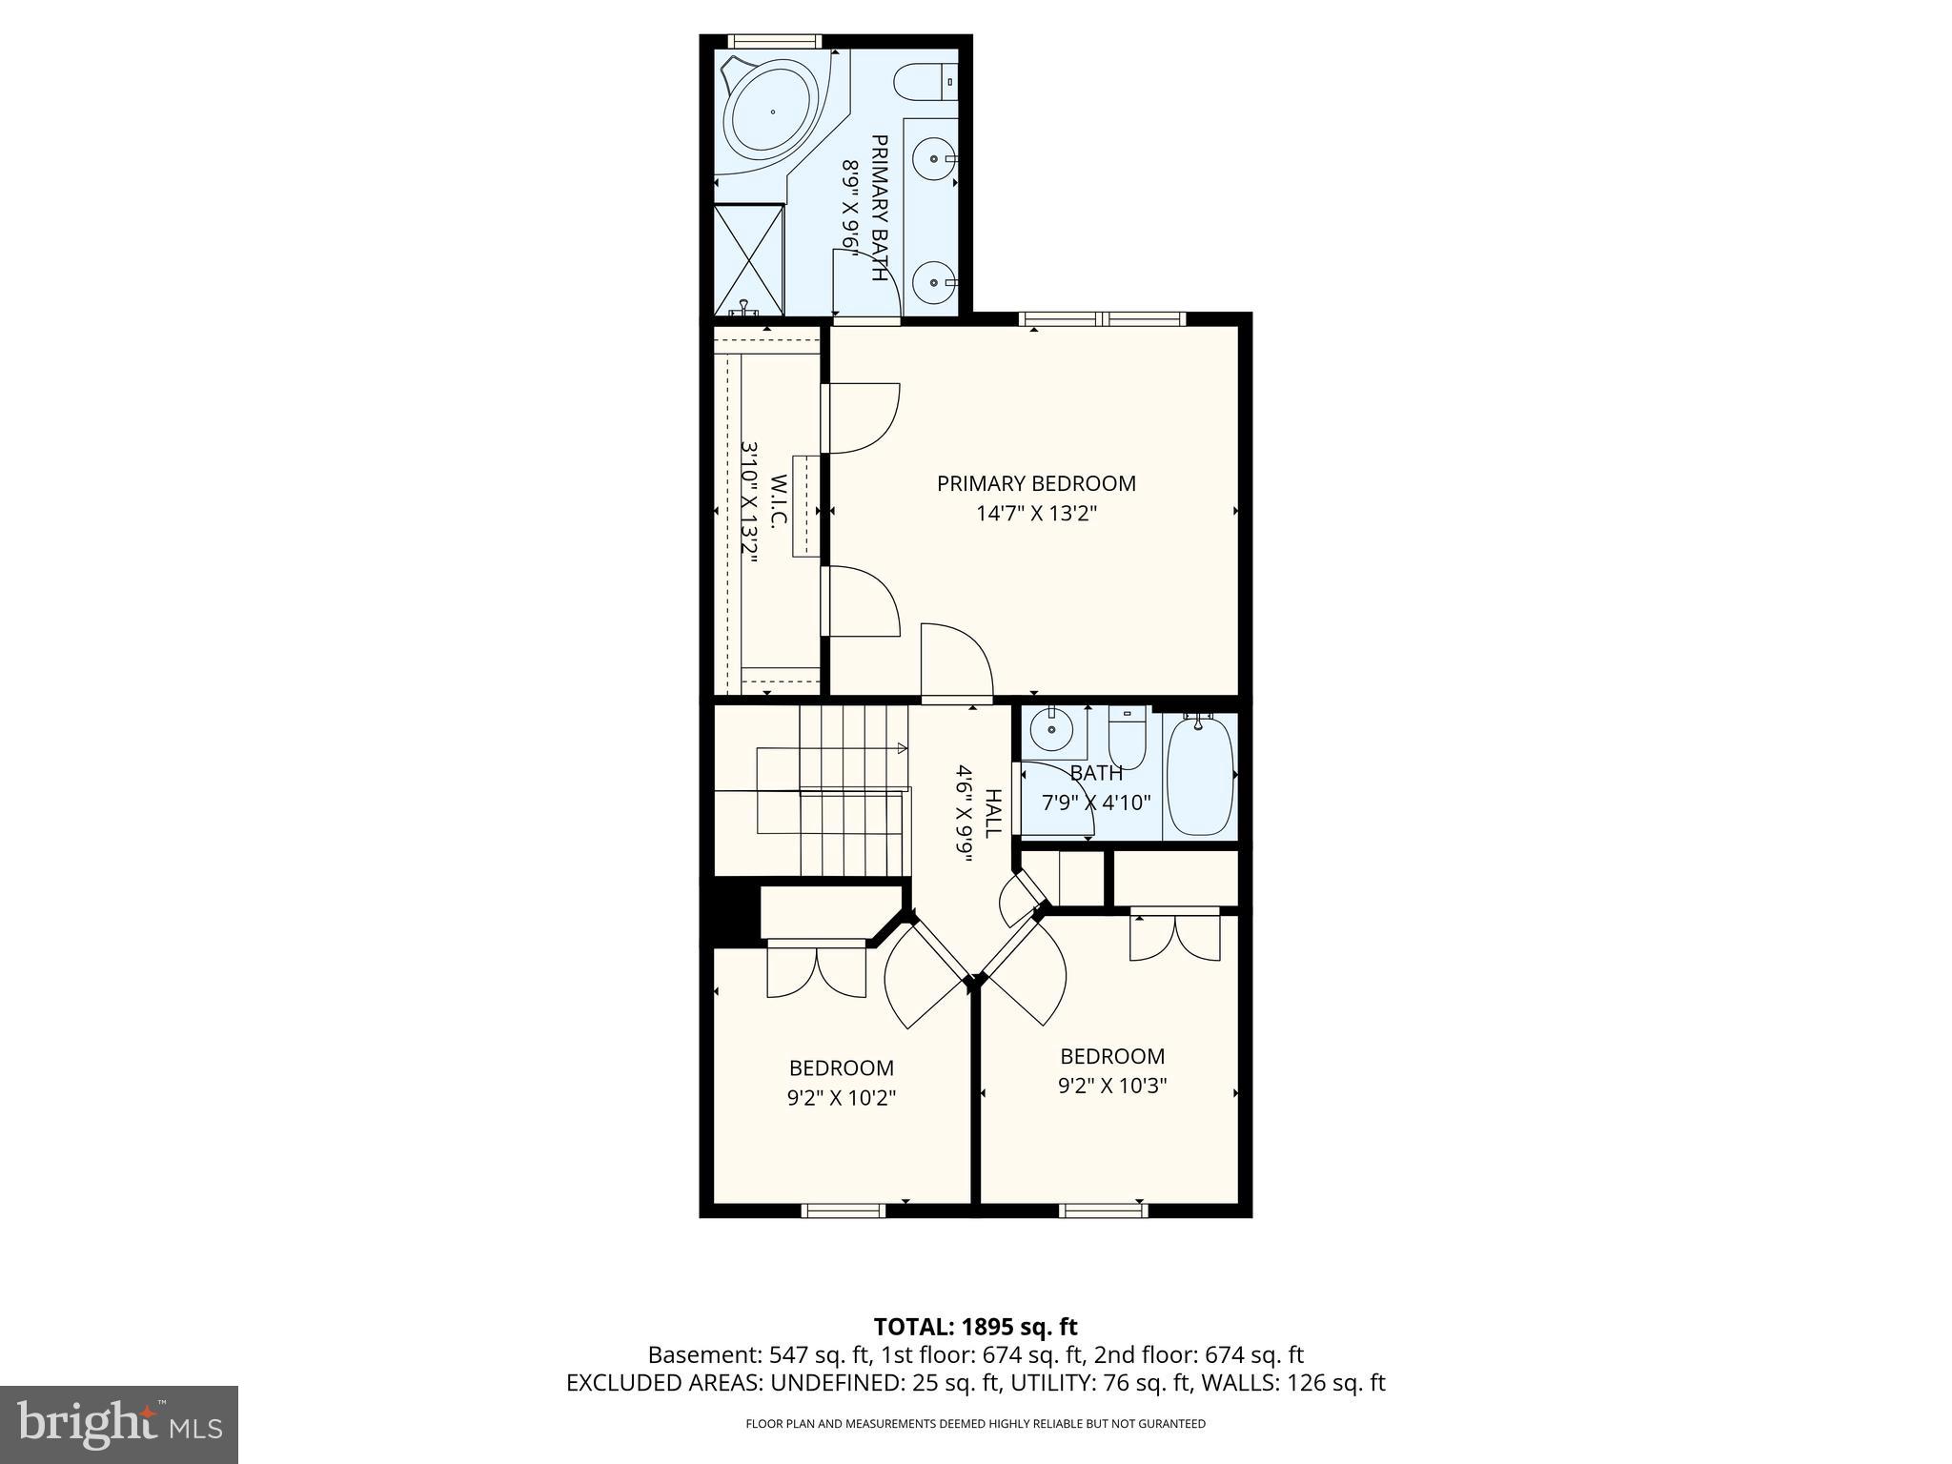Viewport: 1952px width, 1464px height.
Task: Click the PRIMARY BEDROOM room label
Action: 1036,483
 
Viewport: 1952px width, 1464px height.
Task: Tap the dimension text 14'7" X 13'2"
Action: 1036,514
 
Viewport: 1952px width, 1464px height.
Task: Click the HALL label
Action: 992,813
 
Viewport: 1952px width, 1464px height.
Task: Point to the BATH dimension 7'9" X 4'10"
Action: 1096,803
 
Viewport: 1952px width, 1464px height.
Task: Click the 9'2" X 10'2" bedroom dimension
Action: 842,1098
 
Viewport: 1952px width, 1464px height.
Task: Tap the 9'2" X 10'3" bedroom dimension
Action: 1112,1086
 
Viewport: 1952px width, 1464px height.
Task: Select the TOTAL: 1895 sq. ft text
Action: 975,1326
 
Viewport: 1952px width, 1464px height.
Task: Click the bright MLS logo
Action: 119,1424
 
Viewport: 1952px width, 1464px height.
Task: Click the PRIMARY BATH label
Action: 880,208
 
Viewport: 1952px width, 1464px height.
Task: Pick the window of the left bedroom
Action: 844,1210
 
